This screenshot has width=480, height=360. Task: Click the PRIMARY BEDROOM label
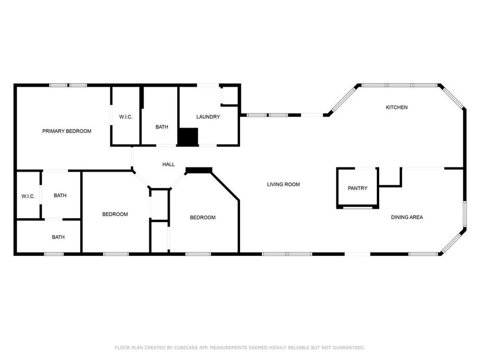[67, 131]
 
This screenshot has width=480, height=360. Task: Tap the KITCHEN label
[396, 107]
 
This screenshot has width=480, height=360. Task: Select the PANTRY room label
[358, 188]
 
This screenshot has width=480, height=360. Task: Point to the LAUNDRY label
[208, 117]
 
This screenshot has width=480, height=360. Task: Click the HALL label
[168, 164]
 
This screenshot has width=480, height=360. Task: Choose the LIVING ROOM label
[283, 184]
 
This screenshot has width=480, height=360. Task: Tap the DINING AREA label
[407, 217]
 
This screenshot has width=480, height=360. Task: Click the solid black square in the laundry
[188, 137]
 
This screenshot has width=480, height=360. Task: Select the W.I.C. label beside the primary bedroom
[126, 117]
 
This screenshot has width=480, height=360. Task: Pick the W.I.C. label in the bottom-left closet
[28, 196]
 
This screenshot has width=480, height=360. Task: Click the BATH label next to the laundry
[162, 127]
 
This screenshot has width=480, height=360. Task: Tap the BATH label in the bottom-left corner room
[58, 237]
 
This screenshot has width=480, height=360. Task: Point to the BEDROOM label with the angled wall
[203, 217]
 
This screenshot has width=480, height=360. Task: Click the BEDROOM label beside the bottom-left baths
[115, 214]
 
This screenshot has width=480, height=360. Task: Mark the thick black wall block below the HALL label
[199, 170]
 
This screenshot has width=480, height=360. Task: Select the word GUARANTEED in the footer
[348, 348]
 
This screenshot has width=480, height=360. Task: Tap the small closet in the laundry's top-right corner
[230, 96]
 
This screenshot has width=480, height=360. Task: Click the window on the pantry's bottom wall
[358, 207]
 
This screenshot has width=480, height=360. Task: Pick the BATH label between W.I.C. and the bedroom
[60, 195]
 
